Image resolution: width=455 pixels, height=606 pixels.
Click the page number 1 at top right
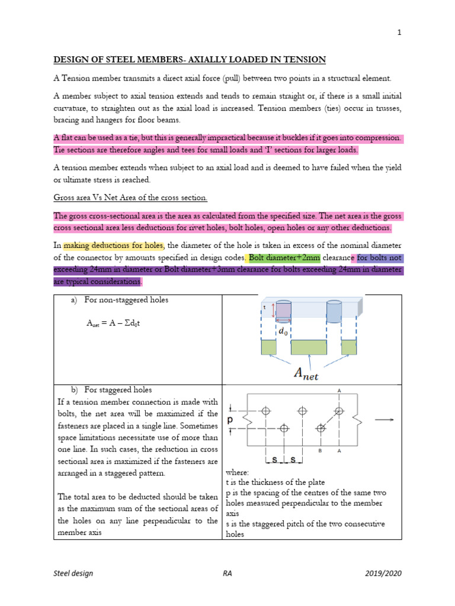click(399, 33)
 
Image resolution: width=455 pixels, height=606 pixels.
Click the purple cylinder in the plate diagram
click(284, 311)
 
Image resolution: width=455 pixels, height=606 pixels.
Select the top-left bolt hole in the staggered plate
click(266, 410)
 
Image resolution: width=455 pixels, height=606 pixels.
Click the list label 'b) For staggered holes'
click(111, 390)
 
